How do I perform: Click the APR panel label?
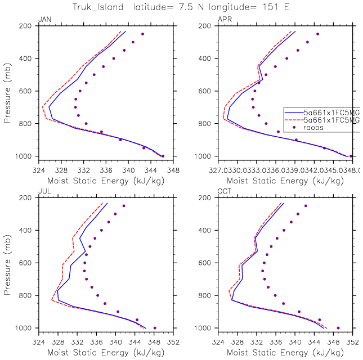click(223, 20)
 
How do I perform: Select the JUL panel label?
click(43, 192)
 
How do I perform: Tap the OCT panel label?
click(223, 192)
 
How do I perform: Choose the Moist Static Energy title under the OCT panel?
click(285, 352)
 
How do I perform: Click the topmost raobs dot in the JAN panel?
click(142, 34)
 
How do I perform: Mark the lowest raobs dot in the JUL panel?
click(155, 328)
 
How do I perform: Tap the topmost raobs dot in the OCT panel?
click(306, 206)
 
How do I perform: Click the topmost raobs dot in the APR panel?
click(317, 34)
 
